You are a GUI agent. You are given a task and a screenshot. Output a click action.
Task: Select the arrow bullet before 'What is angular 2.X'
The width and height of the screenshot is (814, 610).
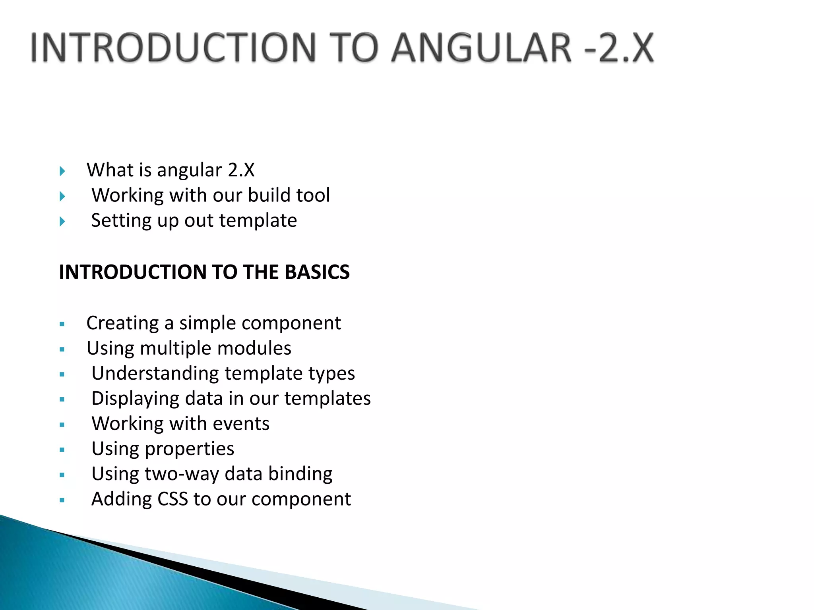(62, 171)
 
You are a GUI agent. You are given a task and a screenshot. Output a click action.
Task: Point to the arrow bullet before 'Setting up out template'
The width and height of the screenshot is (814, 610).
(62, 221)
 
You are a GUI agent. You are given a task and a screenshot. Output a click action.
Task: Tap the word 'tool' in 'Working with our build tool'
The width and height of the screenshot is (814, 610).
(314, 195)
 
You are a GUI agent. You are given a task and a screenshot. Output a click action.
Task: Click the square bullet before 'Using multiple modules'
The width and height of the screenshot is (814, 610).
(62, 349)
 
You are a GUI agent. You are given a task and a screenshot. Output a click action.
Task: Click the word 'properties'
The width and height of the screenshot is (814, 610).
(189, 449)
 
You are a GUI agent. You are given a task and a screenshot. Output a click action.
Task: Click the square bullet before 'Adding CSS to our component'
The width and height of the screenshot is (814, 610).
(62, 500)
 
